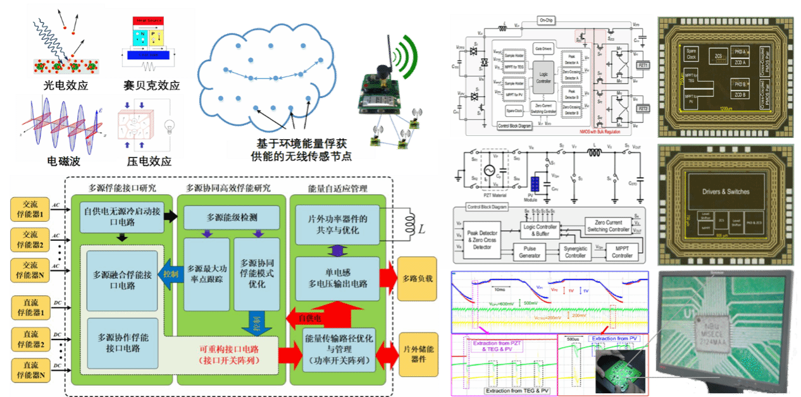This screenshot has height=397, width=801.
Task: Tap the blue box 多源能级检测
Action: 232,218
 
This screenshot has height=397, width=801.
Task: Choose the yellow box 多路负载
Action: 417,278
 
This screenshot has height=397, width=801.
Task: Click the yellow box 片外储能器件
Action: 417,353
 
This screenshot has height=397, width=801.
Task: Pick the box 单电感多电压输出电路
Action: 337,279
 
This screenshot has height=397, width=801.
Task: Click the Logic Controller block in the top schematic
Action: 543,72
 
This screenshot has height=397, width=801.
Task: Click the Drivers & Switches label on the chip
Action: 725,192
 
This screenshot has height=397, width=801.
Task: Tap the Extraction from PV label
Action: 613,339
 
